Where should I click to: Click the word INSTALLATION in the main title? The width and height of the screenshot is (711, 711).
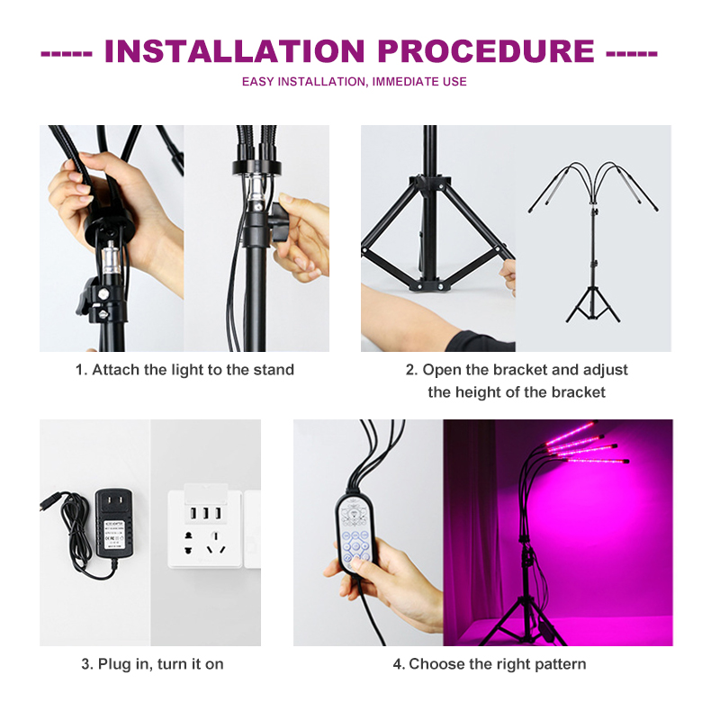pos(229,50)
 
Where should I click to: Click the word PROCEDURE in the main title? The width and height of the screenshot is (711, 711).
pos(478,50)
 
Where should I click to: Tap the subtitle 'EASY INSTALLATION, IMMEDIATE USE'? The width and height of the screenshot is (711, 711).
pos(355,82)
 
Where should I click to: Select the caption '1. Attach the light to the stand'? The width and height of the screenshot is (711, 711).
pos(184,370)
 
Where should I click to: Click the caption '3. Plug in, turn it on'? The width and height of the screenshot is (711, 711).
pos(153,664)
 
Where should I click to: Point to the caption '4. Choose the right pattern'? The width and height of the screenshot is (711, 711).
pos(489,664)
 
